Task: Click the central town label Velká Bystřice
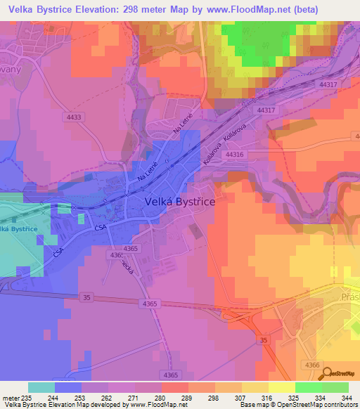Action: click(180, 201)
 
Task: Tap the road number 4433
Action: click(72, 117)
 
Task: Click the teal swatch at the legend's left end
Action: click(41, 387)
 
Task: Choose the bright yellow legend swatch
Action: click(282, 387)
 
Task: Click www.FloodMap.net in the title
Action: click(237, 10)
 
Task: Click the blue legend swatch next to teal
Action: click(68, 387)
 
